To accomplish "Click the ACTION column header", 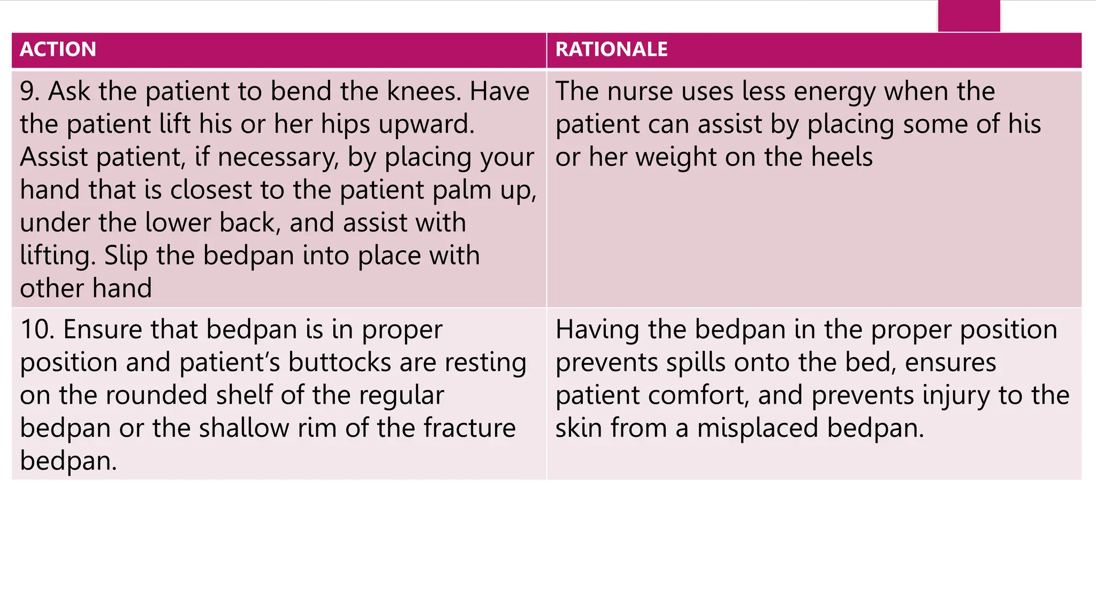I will pos(58,49).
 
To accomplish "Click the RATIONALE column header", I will pos(611,49).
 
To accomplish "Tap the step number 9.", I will pos(29,91).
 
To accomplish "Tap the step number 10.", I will pos(36,329).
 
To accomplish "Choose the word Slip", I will pos(126,256).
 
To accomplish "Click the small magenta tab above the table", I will pos(969,16).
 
